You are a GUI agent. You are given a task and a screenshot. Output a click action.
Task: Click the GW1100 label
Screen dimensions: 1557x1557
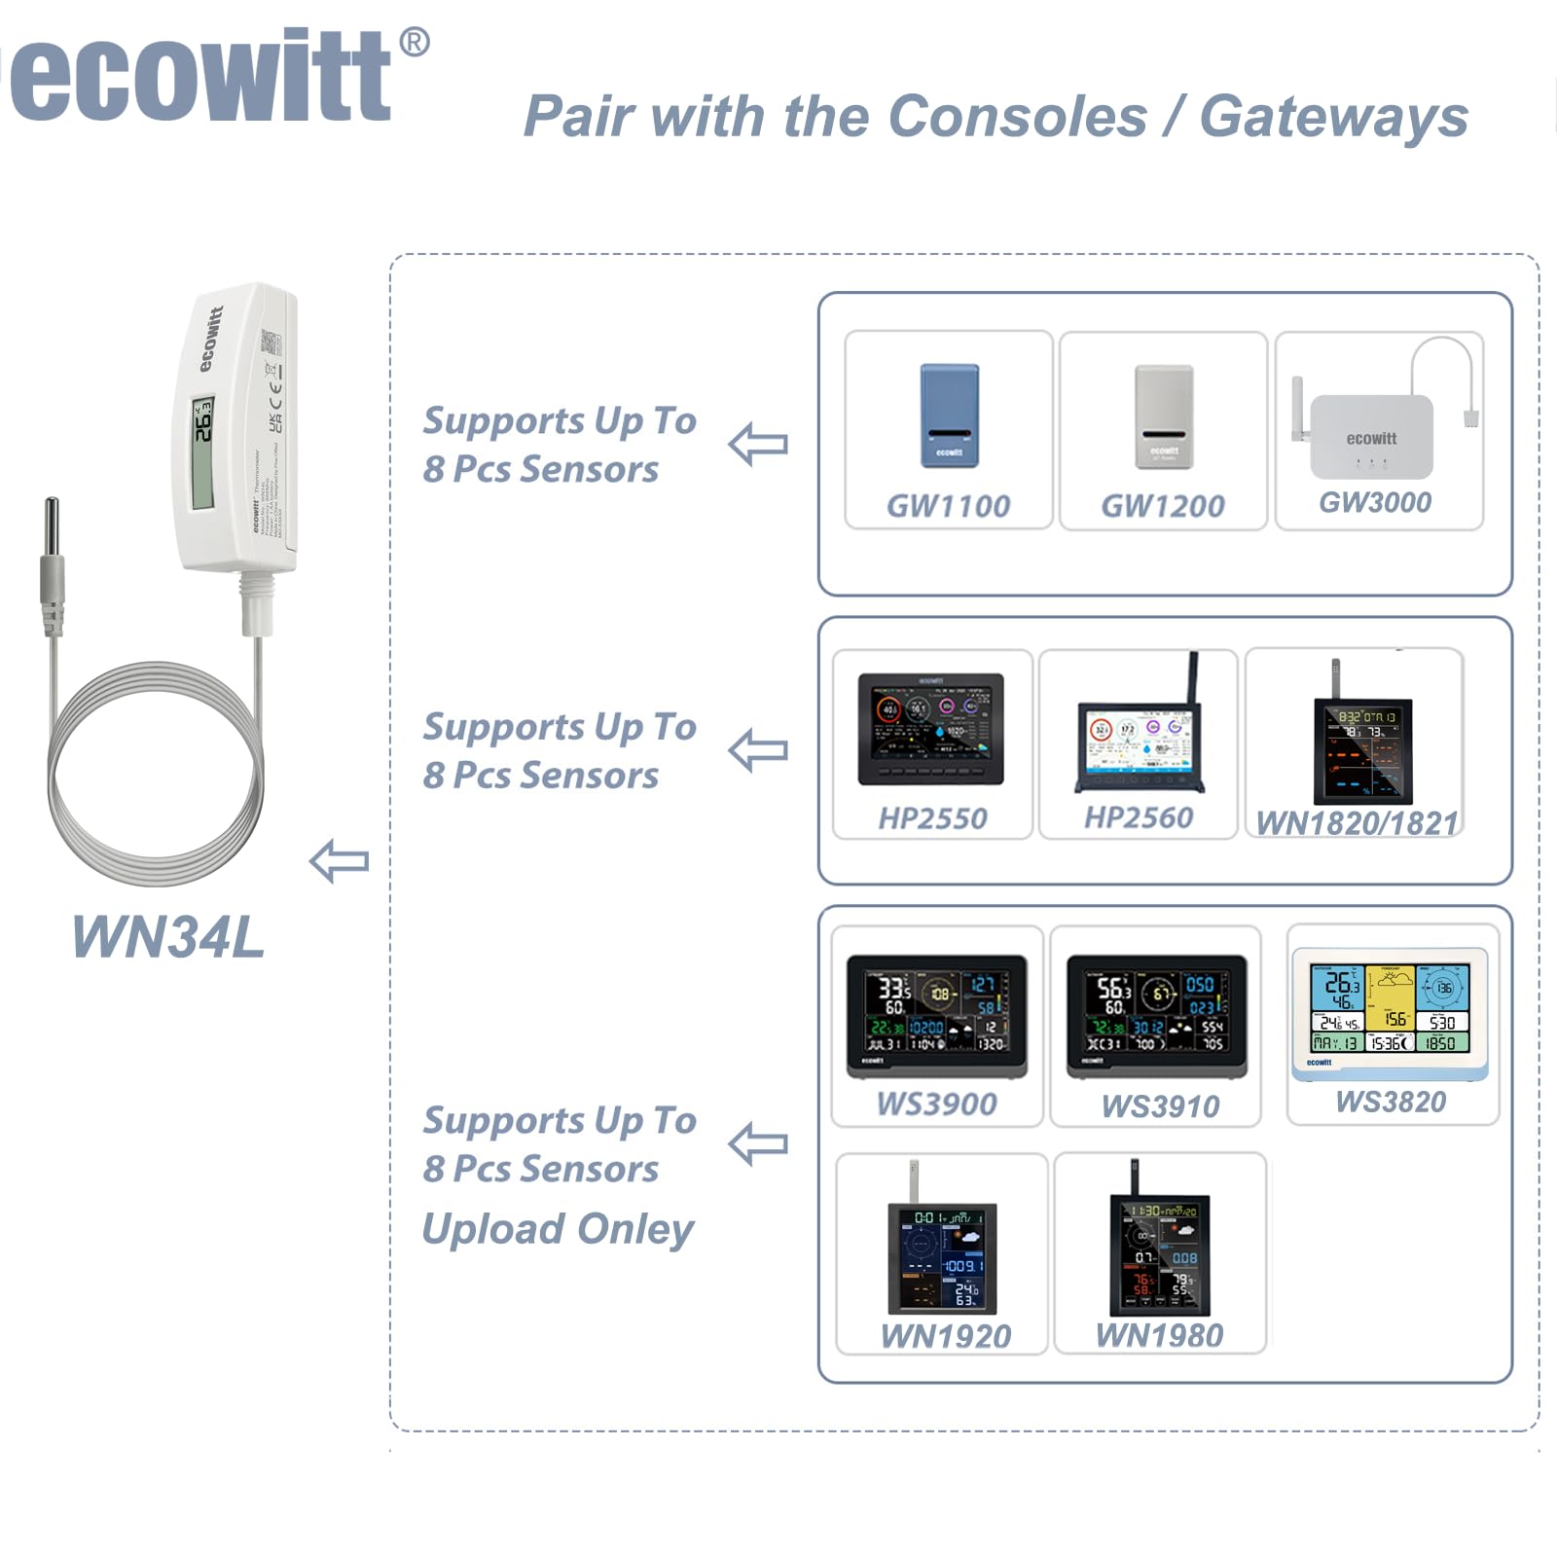(x=948, y=506)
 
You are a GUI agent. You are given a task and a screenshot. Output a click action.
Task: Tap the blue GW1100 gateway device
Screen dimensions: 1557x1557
(x=949, y=416)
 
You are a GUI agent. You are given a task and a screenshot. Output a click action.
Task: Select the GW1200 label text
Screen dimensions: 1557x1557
(x=1162, y=506)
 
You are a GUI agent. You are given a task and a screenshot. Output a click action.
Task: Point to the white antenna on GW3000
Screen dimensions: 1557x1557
(x=1297, y=409)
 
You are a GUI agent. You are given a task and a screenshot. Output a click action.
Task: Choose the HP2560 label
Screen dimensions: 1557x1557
(x=1139, y=817)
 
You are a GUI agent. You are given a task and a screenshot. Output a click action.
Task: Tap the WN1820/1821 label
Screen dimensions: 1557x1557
(x=1357, y=823)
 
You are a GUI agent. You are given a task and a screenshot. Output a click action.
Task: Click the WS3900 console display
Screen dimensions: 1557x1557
(x=936, y=1012)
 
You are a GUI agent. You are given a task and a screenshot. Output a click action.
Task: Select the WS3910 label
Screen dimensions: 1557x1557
(x=1160, y=1106)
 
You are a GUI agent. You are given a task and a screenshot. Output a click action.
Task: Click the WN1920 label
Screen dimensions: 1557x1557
(x=946, y=1336)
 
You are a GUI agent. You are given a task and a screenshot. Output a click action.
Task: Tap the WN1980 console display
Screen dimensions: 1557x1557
(x=1160, y=1255)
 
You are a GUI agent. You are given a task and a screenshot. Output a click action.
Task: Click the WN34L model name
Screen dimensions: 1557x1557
(x=167, y=938)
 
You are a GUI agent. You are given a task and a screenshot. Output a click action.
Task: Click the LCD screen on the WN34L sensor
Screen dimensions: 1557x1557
(x=202, y=453)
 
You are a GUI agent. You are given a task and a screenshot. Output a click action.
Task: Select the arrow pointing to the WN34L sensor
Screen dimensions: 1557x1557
(x=339, y=861)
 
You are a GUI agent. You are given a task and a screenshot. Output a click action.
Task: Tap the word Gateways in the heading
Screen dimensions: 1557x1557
(x=1333, y=117)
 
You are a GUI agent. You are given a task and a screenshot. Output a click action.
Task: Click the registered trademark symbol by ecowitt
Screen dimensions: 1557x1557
(x=415, y=42)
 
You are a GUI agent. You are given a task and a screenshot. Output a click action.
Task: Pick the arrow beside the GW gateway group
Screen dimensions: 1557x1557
(x=758, y=444)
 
